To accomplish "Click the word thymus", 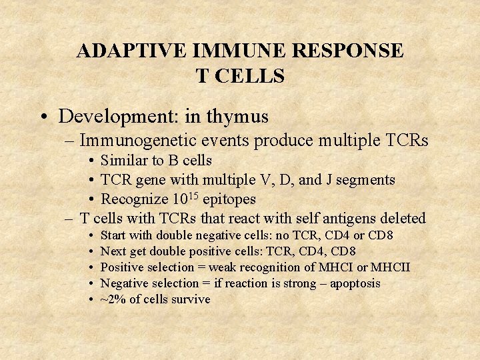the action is point(237,117).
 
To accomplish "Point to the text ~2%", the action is point(112,299).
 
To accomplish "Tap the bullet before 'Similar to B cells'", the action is point(91,161).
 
